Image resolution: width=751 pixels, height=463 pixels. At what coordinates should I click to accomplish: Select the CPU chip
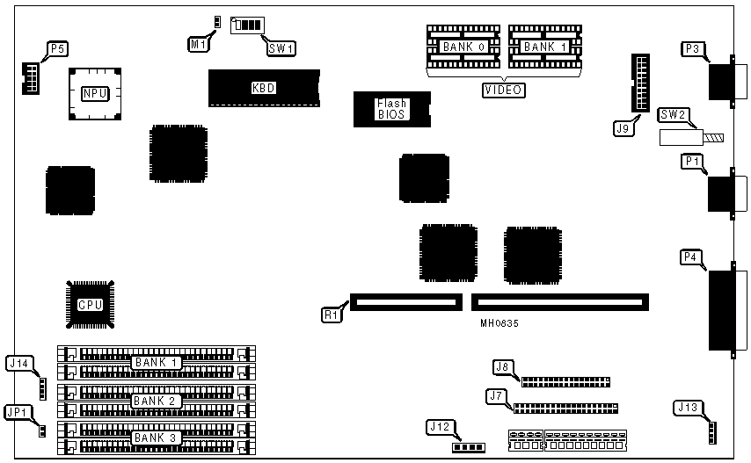click(x=91, y=305)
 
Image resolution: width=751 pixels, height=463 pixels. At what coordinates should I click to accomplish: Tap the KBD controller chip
click(x=263, y=88)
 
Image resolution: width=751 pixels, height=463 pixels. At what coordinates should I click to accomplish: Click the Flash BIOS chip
click(x=391, y=109)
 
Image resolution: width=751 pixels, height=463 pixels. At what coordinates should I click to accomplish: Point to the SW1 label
click(x=281, y=48)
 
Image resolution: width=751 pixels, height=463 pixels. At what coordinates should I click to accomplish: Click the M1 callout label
click(x=198, y=42)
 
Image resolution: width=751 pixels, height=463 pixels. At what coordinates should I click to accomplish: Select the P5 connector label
click(x=57, y=49)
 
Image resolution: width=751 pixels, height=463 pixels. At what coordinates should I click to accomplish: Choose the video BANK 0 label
click(x=464, y=47)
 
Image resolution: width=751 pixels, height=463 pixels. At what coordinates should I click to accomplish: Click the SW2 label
click(x=675, y=114)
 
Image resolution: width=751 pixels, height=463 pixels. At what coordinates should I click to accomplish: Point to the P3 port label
click(x=693, y=49)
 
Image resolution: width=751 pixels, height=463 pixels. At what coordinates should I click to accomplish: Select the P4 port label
click(x=693, y=257)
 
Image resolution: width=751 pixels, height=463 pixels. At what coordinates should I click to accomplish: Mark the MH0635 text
click(x=499, y=323)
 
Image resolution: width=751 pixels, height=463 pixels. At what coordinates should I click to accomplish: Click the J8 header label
click(x=503, y=366)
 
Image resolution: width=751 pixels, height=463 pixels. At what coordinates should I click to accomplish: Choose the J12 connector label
click(x=440, y=427)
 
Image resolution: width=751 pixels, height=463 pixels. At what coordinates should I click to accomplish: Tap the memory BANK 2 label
click(x=157, y=401)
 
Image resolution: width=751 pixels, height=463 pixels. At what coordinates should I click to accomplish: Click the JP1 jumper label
click(x=17, y=410)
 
